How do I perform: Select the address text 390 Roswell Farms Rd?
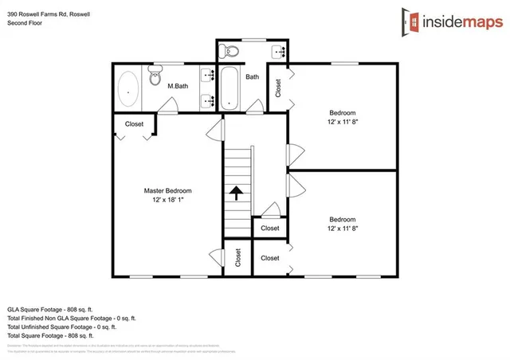[x=40, y=11]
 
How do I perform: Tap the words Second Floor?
[x=25, y=23]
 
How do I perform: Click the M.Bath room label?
[x=177, y=86]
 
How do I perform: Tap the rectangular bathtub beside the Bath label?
[x=229, y=88]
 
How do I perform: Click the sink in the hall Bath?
[x=280, y=53]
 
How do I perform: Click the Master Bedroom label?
[x=167, y=191]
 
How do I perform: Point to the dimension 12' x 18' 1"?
[x=167, y=201]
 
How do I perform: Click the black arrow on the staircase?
[x=237, y=192]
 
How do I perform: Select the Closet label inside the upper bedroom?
[x=278, y=88]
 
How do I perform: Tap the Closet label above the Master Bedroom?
[x=134, y=124]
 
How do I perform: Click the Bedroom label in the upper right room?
[x=343, y=112]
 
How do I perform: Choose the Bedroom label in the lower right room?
[x=343, y=219]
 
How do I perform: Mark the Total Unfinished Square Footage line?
[x=62, y=327]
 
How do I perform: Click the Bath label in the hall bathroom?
[x=252, y=77]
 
